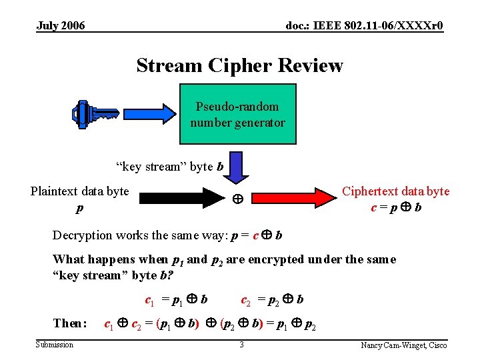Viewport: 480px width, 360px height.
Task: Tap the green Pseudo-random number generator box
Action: (237, 115)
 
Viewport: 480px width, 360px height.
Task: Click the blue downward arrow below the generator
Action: (235, 167)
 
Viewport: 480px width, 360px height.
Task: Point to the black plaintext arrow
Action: (180, 198)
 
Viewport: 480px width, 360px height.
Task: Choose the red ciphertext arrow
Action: (293, 198)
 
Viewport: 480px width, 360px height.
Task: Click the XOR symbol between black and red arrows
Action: (236, 199)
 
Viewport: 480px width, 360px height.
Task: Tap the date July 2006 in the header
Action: (61, 26)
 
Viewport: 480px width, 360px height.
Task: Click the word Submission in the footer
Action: (55, 345)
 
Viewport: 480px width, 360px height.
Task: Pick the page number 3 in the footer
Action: (241, 345)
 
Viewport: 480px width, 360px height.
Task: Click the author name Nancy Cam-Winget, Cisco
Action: (404, 345)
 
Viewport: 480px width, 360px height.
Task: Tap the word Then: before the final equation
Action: (70, 324)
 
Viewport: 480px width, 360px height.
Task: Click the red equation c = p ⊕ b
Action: (396, 207)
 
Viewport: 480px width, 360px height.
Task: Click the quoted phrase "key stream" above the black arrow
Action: (142, 167)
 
